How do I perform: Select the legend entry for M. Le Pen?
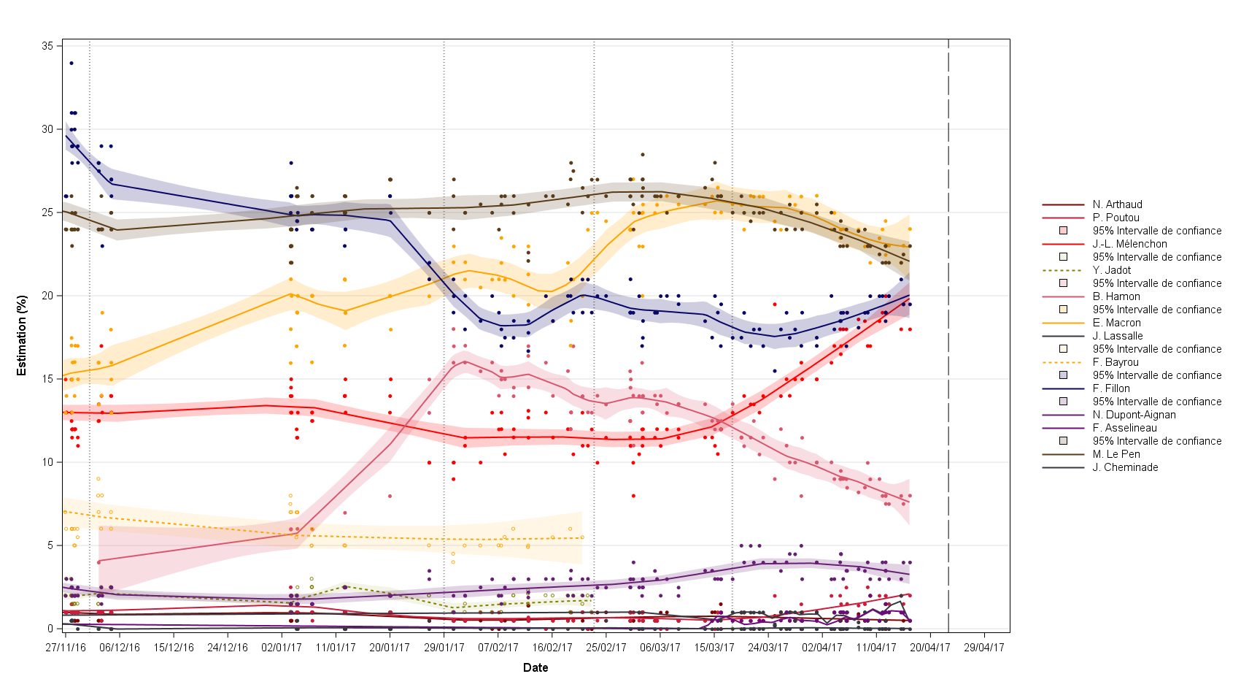[x=1116, y=454]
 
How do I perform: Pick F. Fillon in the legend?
[x=1111, y=388]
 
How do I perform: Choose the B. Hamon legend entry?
[x=1116, y=296]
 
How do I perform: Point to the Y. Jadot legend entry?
[x=1112, y=270]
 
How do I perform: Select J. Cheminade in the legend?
[x=1125, y=467]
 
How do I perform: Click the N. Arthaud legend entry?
[x=1117, y=204]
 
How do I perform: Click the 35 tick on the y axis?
[x=47, y=46]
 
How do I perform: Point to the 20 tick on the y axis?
[x=47, y=296]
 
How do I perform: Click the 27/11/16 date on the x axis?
[x=66, y=648]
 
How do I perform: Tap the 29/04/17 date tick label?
[x=984, y=648]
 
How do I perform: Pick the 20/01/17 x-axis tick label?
[x=390, y=648]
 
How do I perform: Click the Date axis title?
[x=536, y=667]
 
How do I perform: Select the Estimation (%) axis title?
[x=22, y=336]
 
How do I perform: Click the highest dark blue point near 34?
[x=71, y=63]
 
